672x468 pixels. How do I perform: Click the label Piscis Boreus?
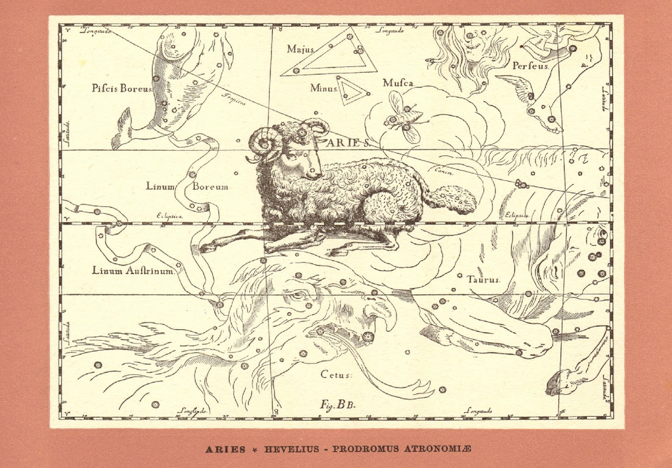(x=122, y=88)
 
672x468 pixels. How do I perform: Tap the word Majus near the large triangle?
(x=301, y=49)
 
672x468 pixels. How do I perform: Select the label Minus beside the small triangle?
(x=324, y=88)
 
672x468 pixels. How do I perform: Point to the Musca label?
(x=398, y=83)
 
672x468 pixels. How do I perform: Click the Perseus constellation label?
(x=529, y=65)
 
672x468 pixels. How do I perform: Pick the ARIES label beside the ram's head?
(x=348, y=142)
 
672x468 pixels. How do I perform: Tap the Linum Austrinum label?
(x=133, y=270)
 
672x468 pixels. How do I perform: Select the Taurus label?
(x=484, y=279)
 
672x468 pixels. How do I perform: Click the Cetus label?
(x=336, y=374)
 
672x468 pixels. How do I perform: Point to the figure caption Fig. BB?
(x=337, y=405)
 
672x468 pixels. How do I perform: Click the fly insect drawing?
(x=403, y=118)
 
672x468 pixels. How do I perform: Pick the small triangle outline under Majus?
(x=352, y=92)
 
